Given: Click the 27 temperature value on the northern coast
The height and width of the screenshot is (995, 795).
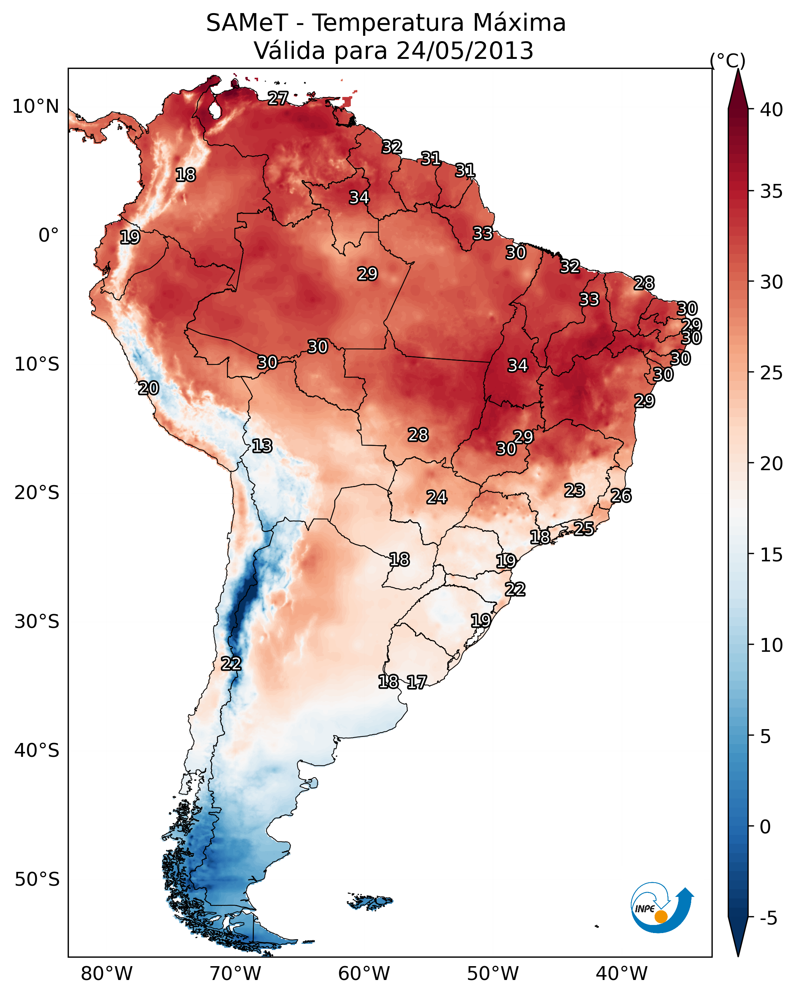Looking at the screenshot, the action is pyautogui.click(x=278, y=98).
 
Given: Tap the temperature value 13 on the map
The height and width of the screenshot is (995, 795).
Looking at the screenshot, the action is pyautogui.click(x=262, y=446).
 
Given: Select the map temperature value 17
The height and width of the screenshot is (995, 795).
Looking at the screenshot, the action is pyautogui.click(x=417, y=682).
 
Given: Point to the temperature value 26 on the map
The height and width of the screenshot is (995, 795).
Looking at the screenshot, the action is pyautogui.click(x=621, y=496).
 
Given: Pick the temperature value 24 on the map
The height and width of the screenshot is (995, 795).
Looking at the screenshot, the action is pyautogui.click(x=437, y=497).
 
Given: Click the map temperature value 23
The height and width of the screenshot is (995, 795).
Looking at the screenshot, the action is pyautogui.click(x=575, y=490).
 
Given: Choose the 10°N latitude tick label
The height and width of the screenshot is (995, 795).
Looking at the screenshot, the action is pyautogui.click(x=35, y=107).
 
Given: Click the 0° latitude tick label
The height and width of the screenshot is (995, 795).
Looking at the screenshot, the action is pyautogui.click(x=48, y=235).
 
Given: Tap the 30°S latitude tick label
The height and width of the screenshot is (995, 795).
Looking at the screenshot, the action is pyautogui.click(x=37, y=622).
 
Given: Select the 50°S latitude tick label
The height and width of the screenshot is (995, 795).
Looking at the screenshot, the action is pyautogui.click(x=37, y=879).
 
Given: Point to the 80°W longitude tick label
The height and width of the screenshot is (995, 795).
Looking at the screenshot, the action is pyautogui.click(x=107, y=973).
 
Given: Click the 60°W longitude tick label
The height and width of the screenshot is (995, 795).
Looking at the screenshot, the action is pyautogui.click(x=364, y=973).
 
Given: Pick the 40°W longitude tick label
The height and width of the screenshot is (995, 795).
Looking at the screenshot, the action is pyautogui.click(x=622, y=973).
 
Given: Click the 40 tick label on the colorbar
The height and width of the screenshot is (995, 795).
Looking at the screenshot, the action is pyautogui.click(x=772, y=110).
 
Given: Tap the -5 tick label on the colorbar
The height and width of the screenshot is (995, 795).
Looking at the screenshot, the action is pyautogui.click(x=769, y=918).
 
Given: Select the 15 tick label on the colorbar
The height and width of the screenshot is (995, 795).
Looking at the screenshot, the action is pyautogui.click(x=772, y=555).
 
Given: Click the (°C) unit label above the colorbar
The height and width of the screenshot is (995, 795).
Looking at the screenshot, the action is pyautogui.click(x=728, y=60).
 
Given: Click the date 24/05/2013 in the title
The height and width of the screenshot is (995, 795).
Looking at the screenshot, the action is pyautogui.click(x=465, y=50).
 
